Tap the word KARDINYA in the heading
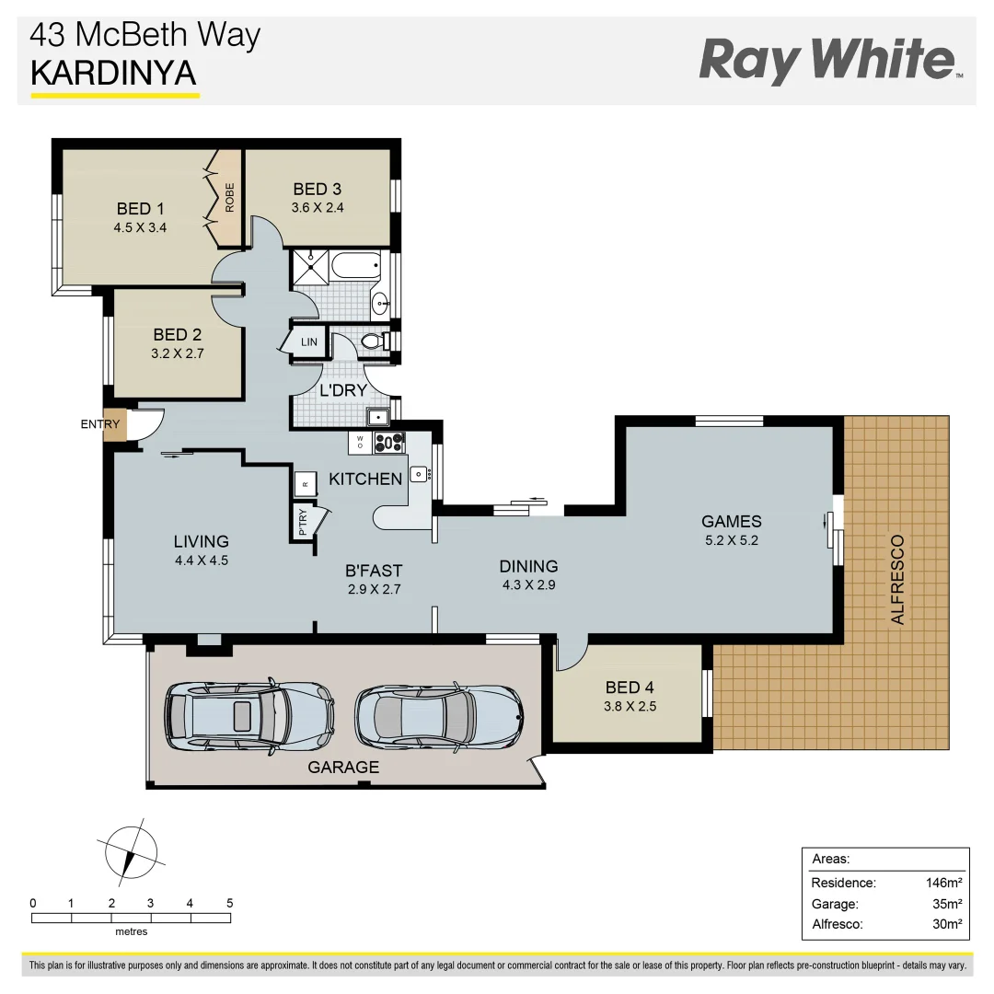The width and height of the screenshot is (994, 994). (114, 74)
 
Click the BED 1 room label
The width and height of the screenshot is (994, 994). (140, 208)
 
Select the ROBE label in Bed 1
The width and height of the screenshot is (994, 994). (229, 198)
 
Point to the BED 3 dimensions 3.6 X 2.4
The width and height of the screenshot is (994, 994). (317, 208)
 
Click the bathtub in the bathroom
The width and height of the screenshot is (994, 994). (355, 269)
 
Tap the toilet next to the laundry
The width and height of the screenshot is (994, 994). (375, 341)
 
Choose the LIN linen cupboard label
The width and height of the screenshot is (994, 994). (309, 342)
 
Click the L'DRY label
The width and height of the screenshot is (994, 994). (343, 389)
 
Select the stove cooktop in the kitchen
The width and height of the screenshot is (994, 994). (389, 443)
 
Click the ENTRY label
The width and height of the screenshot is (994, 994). (100, 424)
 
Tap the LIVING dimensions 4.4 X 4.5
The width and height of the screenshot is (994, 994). (201, 560)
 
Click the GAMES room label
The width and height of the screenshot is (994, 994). (731, 521)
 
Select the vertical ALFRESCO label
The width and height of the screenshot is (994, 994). (897, 580)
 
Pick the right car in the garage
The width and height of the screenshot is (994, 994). (438, 713)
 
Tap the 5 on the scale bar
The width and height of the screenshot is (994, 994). (229, 903)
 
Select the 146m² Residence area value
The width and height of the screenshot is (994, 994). (943, 883)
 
